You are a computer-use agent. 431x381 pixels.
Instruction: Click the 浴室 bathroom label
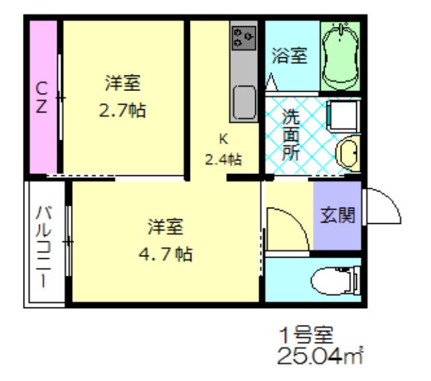pos(290,56)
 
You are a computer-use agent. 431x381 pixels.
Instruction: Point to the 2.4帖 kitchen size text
pos(224,160)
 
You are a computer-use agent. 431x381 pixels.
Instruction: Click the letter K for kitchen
pos(223,140)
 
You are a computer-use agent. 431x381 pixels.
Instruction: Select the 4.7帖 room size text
pos(166,254)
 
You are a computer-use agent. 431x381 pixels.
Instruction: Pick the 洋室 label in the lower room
pos(166,227)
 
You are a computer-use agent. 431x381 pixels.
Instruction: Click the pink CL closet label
pos(42,98)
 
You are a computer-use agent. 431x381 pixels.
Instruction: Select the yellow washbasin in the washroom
pos(347,153)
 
